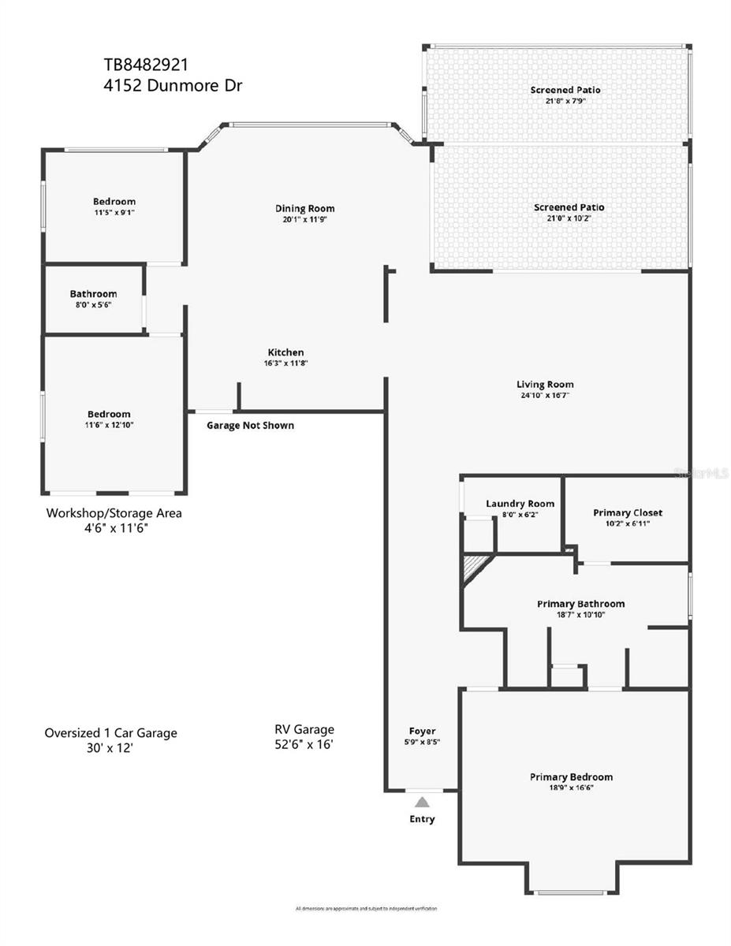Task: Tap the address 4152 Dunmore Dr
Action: [173, 85]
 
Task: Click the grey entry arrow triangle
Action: [422, 803]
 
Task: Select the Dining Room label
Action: [304, 208]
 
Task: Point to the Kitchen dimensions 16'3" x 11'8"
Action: [285, 363]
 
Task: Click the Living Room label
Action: [543, 385]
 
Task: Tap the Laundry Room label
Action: [520, 504]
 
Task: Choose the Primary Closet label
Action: [628, 512]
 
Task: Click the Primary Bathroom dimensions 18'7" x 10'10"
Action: [580, 615]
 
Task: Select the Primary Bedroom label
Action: [571, 777]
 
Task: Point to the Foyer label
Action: [422, 731]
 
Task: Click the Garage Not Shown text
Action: [250, 426]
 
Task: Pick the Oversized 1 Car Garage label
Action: [110, 733]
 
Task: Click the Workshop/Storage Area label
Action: [114, 513]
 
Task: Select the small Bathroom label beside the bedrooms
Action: [93, 294]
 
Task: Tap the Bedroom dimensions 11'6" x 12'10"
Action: [109, 425]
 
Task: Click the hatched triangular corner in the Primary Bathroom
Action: [473, 566]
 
